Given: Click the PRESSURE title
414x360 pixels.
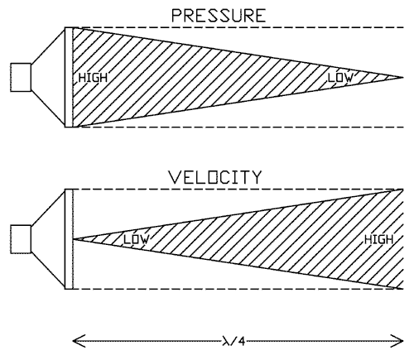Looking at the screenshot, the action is [219, 16].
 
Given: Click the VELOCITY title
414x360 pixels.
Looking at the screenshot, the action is [215, 177].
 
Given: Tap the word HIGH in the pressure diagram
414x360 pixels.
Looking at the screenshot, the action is [93, 78].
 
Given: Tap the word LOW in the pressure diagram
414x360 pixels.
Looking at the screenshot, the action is [340, 78].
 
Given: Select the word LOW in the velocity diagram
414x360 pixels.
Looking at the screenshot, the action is [136, 239].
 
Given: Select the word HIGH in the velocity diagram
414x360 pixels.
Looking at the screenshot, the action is [378, 239].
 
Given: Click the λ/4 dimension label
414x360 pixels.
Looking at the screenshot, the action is [233, 342].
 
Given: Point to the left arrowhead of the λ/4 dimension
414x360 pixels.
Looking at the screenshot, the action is [79, 341].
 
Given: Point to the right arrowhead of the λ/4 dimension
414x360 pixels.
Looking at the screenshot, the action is [397, 341].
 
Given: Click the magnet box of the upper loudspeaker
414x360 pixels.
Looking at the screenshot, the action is [21, 77].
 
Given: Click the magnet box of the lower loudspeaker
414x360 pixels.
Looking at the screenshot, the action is [21, 239].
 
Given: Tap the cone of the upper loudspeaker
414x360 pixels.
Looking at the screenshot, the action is [48, 77].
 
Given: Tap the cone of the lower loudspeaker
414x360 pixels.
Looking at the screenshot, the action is [48, 239].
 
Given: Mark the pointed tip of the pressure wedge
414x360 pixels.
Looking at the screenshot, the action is [403, 77].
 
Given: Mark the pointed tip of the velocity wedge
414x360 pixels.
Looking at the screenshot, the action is [74, 239].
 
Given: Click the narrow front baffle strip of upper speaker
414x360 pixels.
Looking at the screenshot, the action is [69, 77].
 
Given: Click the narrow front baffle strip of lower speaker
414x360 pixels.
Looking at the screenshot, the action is [69, 239].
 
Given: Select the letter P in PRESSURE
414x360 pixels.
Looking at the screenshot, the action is [176, 16].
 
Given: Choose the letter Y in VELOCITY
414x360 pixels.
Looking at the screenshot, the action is [256, 177].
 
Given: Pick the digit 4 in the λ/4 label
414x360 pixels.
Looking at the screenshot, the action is [241, 342].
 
